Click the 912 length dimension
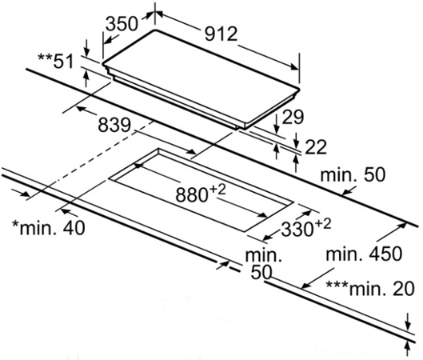[x=221, y=34]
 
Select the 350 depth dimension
[x=122, y=24]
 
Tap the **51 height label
[x=55, y=62]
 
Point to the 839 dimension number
[x=114, y=126]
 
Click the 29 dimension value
[x=293, y=117]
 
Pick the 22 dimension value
[x=315, y=147]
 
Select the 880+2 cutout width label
[x=200, y=194]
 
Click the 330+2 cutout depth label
[x=305, y=228]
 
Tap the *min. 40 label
[x=49, y=228]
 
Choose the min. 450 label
[x=364, y=254]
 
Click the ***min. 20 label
[x=370, y=289]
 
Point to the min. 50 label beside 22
[x=353, y=174]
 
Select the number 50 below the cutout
[x=261, y=272]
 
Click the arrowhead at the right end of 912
[x=294, y=66]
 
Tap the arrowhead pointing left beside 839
[x=82, y=109]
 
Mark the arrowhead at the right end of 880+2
[x=262, y=214]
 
